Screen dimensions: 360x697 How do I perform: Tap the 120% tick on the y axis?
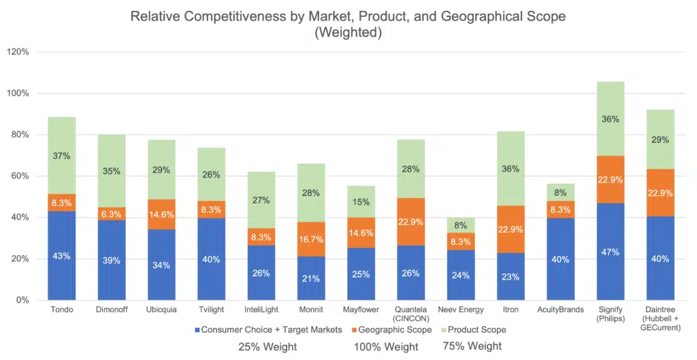18,52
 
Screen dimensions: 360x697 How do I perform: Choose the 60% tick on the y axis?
20,176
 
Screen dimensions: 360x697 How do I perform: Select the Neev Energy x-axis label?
461,310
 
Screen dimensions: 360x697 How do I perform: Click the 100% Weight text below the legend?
385,347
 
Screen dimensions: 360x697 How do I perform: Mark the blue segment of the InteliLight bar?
261,272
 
